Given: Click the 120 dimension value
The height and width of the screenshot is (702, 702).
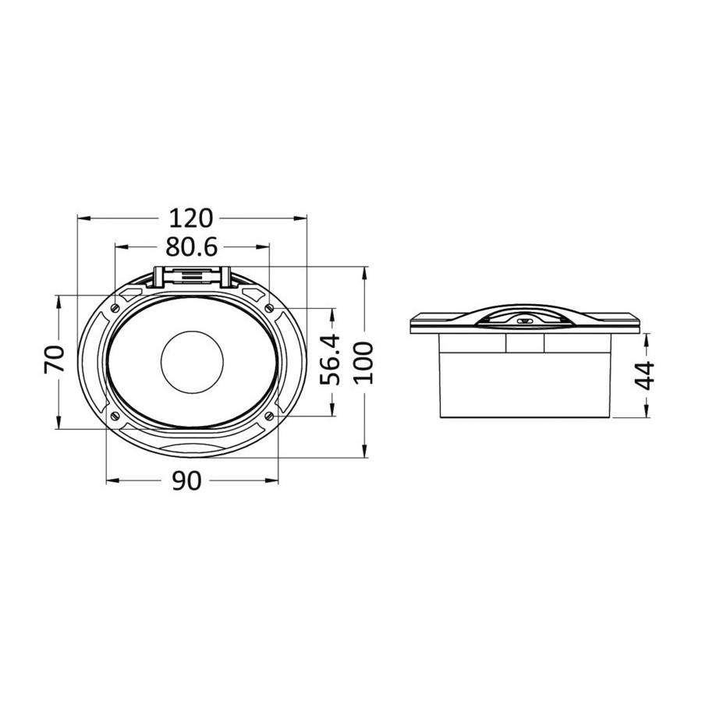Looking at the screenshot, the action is [x=191, y=218].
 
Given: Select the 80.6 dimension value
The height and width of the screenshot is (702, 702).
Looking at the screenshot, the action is [x=191, y=246].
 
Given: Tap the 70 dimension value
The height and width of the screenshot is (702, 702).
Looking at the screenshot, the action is [x=55, y=359].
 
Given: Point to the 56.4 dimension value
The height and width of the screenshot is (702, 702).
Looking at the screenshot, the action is [x=331, y=360].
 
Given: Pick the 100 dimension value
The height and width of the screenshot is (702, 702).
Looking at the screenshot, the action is [x=363, y=362].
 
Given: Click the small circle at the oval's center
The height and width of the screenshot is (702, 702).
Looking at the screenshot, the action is [x=192, y=363].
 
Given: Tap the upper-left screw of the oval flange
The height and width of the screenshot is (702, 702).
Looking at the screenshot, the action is [x=115, y=307].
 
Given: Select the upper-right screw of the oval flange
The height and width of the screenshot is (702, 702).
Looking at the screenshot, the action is [x=269, y=308].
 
